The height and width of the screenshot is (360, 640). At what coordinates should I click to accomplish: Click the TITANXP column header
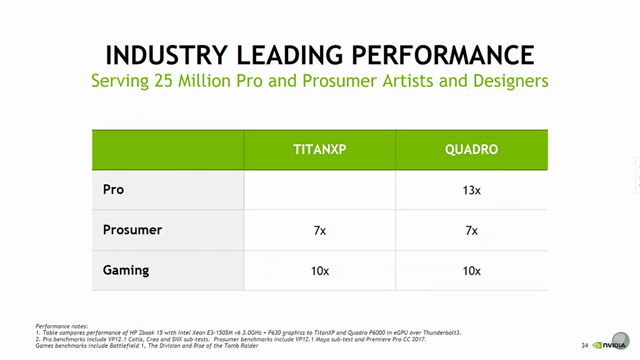319,150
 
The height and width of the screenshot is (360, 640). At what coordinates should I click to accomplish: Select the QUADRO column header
471,150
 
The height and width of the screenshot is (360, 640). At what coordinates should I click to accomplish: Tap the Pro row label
113,189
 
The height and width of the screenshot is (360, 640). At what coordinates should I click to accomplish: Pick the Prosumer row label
132,230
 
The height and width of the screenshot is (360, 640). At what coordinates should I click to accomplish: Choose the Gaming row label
126,270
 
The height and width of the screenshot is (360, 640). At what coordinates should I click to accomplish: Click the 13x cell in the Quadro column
471,190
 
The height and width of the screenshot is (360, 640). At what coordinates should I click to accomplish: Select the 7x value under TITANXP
319,231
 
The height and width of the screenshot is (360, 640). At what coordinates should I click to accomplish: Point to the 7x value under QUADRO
471,231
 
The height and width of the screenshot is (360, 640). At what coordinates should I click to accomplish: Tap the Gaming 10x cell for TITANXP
319,271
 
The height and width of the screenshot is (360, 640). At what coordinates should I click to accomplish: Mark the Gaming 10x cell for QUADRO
471,271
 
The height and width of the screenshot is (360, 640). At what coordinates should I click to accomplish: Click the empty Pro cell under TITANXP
319,190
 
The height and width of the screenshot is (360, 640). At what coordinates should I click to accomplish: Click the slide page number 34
584,345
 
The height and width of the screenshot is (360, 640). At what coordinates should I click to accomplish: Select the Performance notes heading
62,326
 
